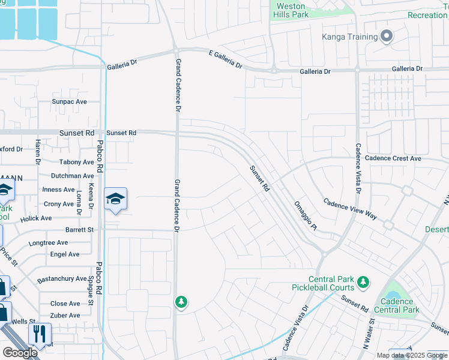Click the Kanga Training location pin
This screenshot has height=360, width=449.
coord(387,37)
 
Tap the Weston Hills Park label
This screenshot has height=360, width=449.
coord(291,10)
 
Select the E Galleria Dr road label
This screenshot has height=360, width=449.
coord(225,59)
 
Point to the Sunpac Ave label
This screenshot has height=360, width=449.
coord(70,102)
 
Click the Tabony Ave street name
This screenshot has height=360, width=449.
coord(77,162)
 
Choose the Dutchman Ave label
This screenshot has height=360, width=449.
coord(72,176)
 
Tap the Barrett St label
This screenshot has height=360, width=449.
coord(80,230)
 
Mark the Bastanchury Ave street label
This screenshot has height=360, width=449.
coord(62,279)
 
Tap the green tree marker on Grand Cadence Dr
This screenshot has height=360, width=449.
coord(181,302)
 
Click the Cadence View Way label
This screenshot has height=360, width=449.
coord(350,209)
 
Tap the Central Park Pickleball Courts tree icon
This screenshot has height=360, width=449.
coord(363,281)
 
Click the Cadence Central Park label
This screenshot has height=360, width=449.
coord(396,305)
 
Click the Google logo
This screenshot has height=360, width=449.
coord(20,353)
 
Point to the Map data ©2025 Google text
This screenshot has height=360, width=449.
coord(412,355)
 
